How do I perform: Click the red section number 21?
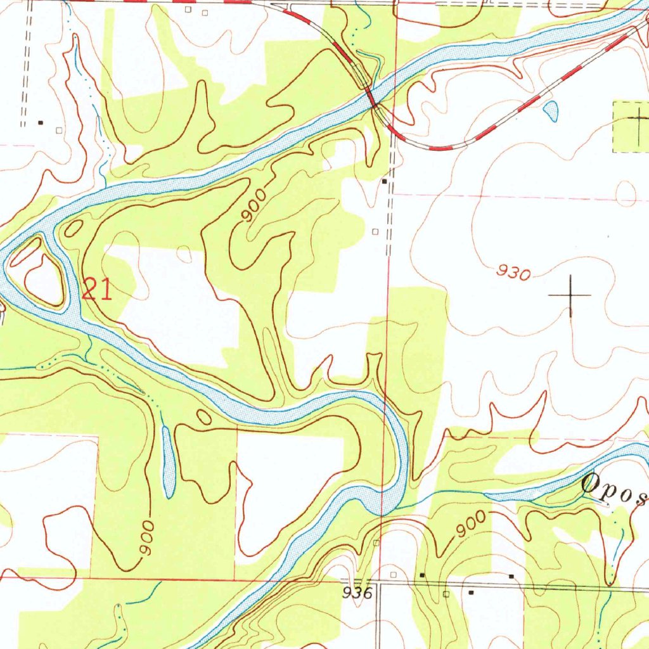coord(97,290)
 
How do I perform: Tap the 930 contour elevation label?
coord(513,273)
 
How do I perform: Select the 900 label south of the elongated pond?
coord(146,539)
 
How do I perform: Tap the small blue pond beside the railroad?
coord(551,110)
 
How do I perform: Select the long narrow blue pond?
coord(167,461)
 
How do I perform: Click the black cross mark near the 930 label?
coord(570,295)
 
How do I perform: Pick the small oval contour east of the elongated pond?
coord(203,416)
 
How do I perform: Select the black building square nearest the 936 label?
coord(423,575)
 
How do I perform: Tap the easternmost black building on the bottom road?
coord(511,577)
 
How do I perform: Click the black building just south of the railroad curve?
coord(385,182)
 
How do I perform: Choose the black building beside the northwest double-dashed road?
coord(41,122)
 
